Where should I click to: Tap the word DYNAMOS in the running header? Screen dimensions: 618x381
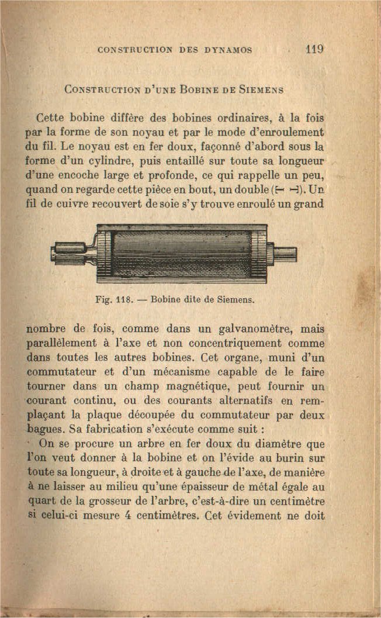pyautogui.click(x=227, y=50)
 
